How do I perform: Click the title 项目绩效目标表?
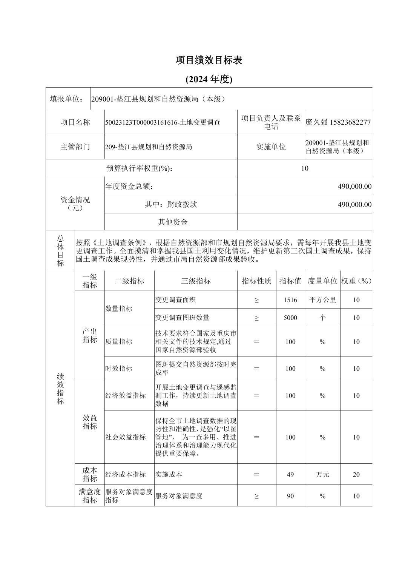209,60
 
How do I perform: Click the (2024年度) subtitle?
209,79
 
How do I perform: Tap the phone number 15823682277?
350,122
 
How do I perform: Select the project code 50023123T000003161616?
141,122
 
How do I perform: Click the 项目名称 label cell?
75,122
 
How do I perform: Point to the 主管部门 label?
75,147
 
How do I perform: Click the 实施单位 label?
271,147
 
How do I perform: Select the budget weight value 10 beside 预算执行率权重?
305,168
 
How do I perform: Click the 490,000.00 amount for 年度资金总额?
354,187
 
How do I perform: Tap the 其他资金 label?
173,222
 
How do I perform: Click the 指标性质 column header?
256,281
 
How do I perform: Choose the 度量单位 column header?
322,281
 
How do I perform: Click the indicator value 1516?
290,300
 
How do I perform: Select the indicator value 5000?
290,318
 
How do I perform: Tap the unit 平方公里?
322,300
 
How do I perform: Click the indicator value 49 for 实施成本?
290,474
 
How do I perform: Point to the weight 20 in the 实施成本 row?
356,474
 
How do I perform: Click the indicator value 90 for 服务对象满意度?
290,496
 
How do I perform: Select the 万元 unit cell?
322,474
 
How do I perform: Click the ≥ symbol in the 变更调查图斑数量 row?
256,318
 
